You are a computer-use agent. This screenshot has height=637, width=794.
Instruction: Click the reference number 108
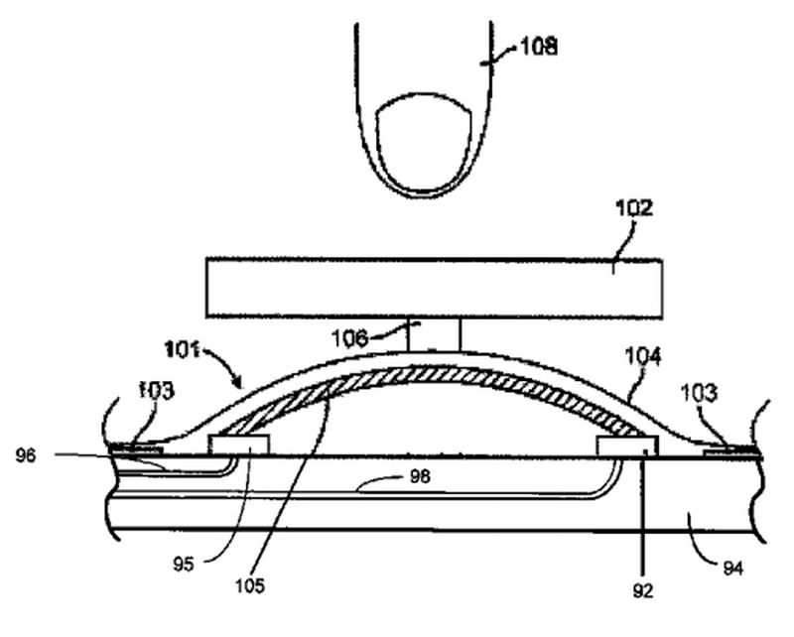click(x=537, y=45)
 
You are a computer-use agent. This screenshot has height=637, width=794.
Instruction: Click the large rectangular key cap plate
click(x=434, y=289)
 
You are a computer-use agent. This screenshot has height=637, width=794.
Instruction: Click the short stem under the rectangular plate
click(x=434, y=334)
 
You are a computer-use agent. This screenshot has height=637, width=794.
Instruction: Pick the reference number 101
click(x=183, y=350)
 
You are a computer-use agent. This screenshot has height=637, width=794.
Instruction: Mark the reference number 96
click(x=28, y=456)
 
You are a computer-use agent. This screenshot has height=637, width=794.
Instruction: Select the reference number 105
click(x=250, y=585)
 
